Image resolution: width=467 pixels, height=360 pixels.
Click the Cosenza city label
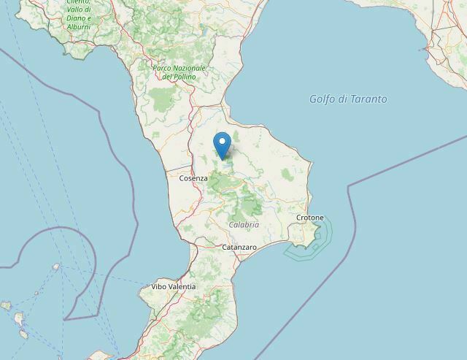tap(193, 177)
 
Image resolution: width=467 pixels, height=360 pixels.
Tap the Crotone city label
tap(310, 218)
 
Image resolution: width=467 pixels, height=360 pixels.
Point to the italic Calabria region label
tap(244, 225)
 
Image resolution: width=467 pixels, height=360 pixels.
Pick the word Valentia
tap(182, 287)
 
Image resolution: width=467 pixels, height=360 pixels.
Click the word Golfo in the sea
tap(322, 99)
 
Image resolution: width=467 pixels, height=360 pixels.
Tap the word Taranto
tap(368, 99)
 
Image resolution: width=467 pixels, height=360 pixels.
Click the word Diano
tap(77, 18)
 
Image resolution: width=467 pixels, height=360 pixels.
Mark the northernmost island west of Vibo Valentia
tap(56, 267)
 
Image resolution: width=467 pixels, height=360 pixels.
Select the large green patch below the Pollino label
tap(162, 99)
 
